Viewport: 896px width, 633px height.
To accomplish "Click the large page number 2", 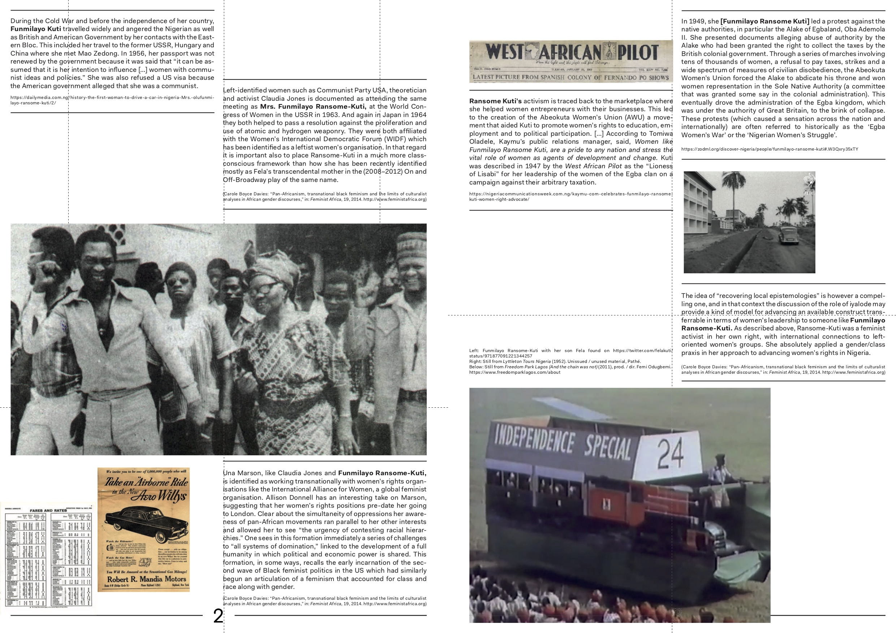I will pyautogui.click(x=218, y=616).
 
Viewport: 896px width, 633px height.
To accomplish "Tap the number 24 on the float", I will pyautogui.click(x=670, y=453).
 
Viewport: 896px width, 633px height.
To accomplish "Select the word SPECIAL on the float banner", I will pyautogui.click(x=607, y=448).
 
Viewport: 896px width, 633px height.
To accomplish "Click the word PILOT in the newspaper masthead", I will pyautogui.click(x=637, y=53).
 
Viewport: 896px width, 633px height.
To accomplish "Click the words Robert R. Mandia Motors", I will pyautogui.click(x=146, y=579).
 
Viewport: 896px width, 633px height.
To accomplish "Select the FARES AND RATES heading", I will pyautogui.click(x=48, y=510).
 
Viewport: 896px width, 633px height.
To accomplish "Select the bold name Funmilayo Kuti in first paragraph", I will pyautogui.click(x=35, y=29).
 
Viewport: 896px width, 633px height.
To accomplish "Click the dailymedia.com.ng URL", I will pyautogui.click(x=112, y=100).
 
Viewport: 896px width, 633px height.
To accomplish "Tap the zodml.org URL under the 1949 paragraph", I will pyautogui.click(x=770, y=149).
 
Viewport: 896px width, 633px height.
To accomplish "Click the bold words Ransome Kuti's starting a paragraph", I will pyautogui.click(x=495, y=101).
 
